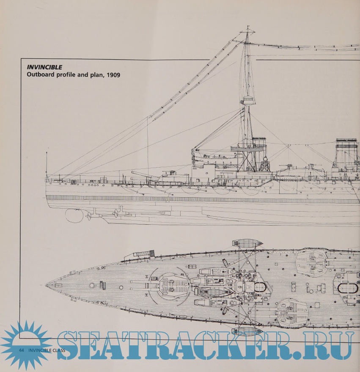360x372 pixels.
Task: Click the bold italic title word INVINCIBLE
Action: (x=44, y=67)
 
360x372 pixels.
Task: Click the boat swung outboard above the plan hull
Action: (x=247, y=244)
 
